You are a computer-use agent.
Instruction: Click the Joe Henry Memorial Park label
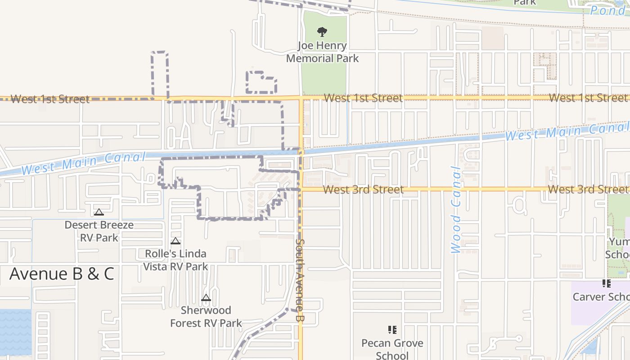pyautogui.click(x=322, y=52)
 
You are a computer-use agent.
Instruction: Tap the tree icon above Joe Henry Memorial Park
pyautogui.click(x=322, y=32)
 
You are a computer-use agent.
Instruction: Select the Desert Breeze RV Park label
pyautogui.click(x=99, y=231)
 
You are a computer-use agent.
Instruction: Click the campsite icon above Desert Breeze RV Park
pyautogui.click(x=99, y=212)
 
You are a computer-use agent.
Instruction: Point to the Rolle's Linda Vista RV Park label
pyautogui.click(x=175, y=260)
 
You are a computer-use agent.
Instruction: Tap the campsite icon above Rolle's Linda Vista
pyautogui.click(x=175, y=241)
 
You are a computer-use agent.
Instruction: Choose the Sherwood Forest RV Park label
pyautogui.click(x=206, y=316)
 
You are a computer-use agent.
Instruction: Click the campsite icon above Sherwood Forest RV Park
pyautogui.click(x=206, y=297)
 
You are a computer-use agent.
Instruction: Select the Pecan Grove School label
pyautogui.click(x=392, y=349)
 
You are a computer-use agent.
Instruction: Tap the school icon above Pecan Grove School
pyautogui.click(x=392, y=330)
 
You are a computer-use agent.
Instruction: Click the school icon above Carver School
pyautogui.click(x=607, y=283)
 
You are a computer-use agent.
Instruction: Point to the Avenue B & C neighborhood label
pyautogui.click(x=62, y=274)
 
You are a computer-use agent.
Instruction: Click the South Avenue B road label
pyautogui.click(x=300, y=279)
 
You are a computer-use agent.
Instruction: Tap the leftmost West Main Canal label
pyautogui.click(x=83, y=163)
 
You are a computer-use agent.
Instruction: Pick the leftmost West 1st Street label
pyautogui.click(x=50, y=99)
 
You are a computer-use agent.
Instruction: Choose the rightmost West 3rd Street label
pyautogui.click(x=587, y=189)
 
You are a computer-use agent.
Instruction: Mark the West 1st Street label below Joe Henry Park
pyautogui.click(x=363, y=98)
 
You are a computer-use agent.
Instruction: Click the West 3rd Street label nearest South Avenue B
pyautogui.click(x=363, y=189)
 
